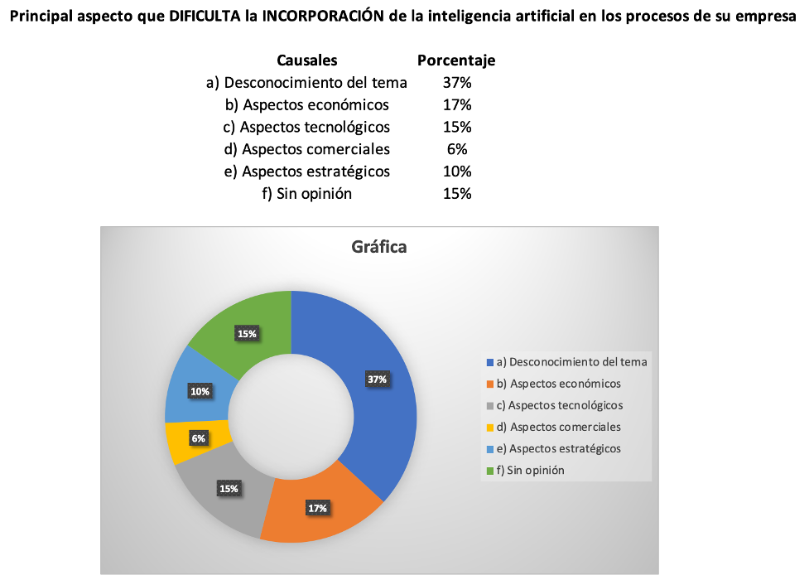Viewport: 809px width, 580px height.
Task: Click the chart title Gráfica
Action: pyautogui.click(x=379, y=247)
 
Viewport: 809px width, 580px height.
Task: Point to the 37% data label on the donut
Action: pyautogui.click(x=378, y=379)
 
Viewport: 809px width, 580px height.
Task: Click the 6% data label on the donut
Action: pyautogui.click(x=199, y=438)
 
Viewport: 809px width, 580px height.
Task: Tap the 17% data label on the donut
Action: pyautogui.click(x=318, y=508)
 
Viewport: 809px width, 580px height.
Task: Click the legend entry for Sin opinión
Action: pyautogui.click(x=530, y=471)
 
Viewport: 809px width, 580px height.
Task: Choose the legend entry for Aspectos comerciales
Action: pyautogui.click(x=558, y=428)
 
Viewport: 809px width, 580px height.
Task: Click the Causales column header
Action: pyautogui.click(x=307, y=60)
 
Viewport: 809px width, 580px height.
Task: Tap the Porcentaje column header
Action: pyautogui.click(x=456, y=60)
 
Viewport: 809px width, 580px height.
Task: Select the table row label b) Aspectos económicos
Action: pyautogui.click(x=307, y=105)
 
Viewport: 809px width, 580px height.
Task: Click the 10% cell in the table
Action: pyautogui.click(x=457, y=172)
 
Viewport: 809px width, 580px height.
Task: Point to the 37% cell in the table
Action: pyautogui.click(x=457, y=83)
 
